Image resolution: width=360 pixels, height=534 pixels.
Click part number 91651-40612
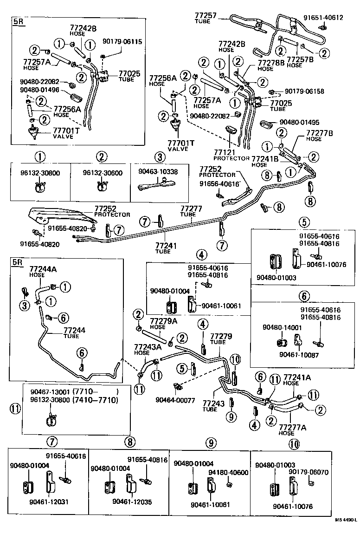click(x=323, y=18)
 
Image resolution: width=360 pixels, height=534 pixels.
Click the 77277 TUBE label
click(x=191, y=211)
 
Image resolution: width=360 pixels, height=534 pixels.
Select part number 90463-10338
click(x=158, y=172)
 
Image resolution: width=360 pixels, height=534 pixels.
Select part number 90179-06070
click(x=309, y=472)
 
